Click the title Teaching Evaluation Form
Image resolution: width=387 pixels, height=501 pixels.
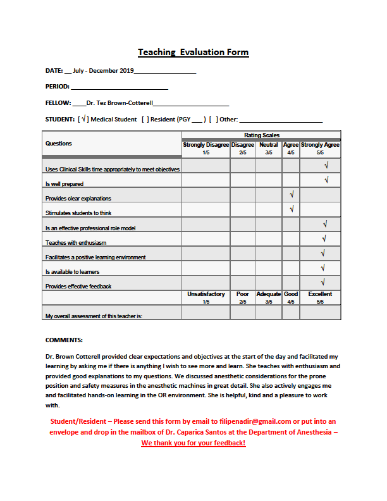[x=193, y=53]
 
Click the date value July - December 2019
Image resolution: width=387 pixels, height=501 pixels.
[x=103, y=70]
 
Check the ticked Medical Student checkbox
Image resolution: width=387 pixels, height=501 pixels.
[x=83, y=119]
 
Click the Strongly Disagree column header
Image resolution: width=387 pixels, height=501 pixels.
[x=206, y=145]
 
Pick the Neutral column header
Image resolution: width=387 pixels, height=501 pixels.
[x=268, y=145]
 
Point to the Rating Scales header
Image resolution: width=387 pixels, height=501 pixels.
[x=261, y=135]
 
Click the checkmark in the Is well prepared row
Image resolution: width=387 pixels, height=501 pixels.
[x=326, y=180]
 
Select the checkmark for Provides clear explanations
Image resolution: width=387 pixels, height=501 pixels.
[x=292, y=195]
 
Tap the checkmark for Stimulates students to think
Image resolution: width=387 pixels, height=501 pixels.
[x=292, y=209]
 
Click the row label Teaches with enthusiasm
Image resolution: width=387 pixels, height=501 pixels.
[x=76, y=243]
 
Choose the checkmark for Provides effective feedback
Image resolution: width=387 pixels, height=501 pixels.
[x=323, y=282]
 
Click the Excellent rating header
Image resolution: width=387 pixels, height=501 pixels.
[x=320, y=295]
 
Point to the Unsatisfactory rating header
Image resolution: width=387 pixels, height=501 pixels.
[x=206, y=295]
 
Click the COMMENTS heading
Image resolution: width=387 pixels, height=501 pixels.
[x=64, y=340]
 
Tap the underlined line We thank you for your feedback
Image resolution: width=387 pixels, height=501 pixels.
[x=193, y=443]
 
